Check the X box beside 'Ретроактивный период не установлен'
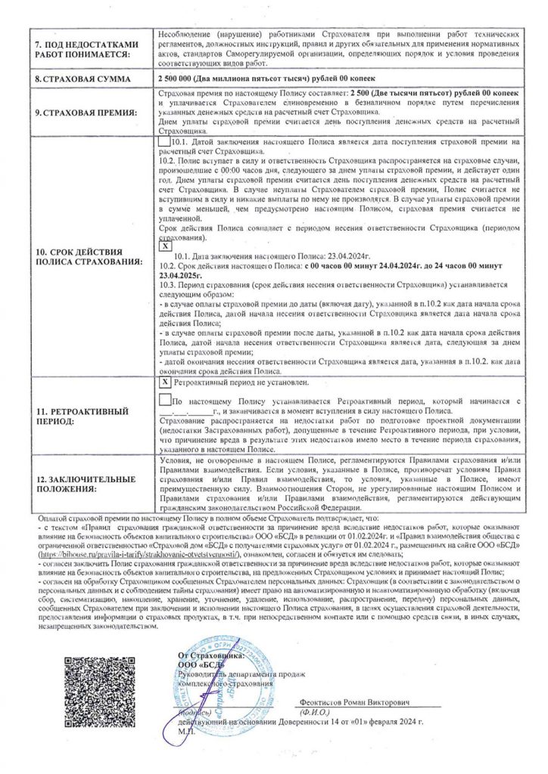[166, 383]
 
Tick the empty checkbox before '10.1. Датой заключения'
[164, 141]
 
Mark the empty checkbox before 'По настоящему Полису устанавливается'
[166, 401]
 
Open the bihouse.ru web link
[120, 553]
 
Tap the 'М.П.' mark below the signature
[184, 732]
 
